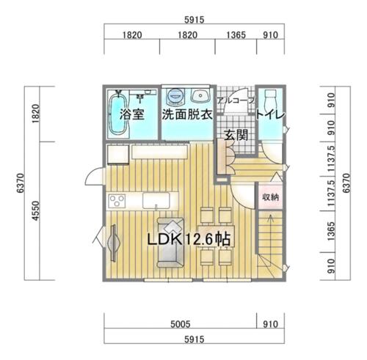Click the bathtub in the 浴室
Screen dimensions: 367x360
[118, 114]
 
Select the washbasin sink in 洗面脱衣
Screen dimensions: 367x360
[200, 95]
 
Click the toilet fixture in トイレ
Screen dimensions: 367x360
[270, 100]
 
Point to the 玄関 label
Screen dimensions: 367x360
[236, 135]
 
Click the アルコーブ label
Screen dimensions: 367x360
[236, 100]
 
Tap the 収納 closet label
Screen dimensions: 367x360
[270, 197]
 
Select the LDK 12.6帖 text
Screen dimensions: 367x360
[189, 239]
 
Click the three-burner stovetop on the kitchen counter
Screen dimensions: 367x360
[117, 201]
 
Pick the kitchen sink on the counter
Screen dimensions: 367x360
[156, 201]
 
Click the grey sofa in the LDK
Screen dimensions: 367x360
[170, 243]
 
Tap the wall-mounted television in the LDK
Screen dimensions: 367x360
[114, 243]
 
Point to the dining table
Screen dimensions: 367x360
[217, 236]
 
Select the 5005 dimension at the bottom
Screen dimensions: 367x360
[181, 324]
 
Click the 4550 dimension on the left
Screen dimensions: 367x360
[36, 210]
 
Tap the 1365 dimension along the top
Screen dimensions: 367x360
[236, 35]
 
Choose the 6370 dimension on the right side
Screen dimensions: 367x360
[346, 183]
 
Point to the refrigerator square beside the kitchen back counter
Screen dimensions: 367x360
[118, 155]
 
